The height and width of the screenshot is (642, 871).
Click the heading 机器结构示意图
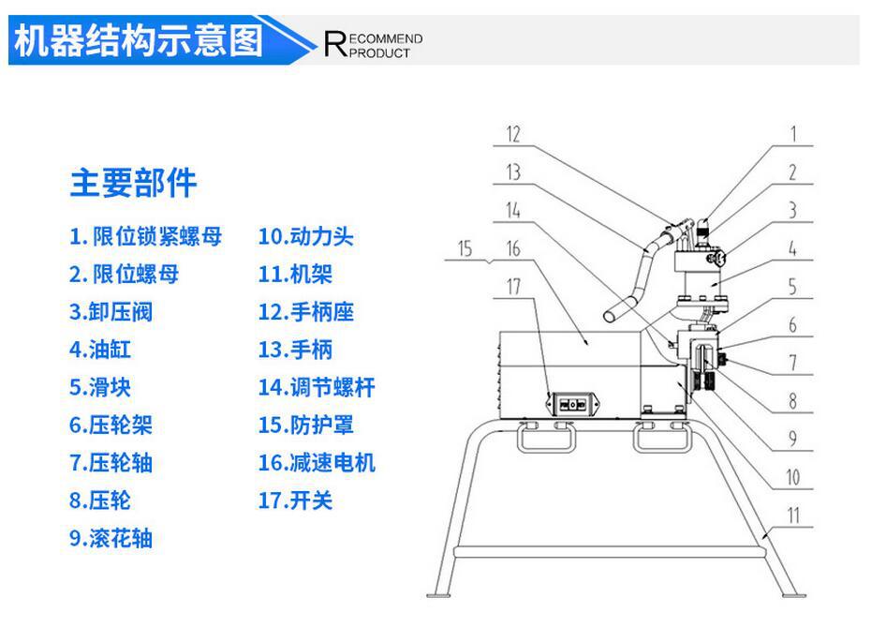click(x=139, y=41)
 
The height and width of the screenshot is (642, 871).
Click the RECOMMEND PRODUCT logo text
click(x=373, y=45)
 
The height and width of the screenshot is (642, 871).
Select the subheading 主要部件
click(x=133, y=183)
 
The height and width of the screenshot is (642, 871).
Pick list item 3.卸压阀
click(x=111, y=312)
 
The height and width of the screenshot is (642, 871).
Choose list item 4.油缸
click(x=100, y=350)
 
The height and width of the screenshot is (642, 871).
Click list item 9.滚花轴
click(x=111, y=538)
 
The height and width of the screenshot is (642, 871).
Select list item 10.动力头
click(x=305, y=237)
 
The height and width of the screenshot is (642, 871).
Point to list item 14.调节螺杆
click(x=317, y=387)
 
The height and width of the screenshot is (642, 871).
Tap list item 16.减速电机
click(x=317, y=462)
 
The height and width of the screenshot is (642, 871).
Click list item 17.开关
click(x=295, y=500)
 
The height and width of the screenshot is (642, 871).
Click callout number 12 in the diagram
click(x=512, y=134)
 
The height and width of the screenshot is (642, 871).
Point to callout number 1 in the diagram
click(x=792, y=134)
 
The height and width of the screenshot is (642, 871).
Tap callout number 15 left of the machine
click(x=466, y=249)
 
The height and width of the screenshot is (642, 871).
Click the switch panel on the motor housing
click(x=571, y=404)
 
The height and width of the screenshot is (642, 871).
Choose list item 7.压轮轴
click(x=111, y=462)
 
